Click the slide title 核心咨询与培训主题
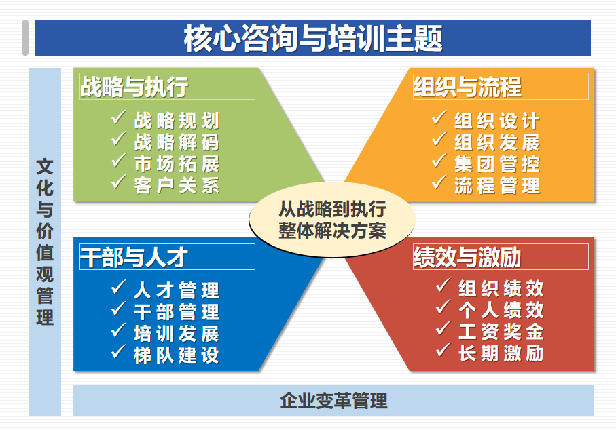point(313,38)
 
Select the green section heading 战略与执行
point(134,86)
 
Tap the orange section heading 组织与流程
point(467,86)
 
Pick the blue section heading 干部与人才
point(134,257)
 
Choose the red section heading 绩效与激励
point(467,257)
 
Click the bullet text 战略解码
point(177,142)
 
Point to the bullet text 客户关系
point(177,185)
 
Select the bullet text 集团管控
point(497,163)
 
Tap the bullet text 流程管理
point(497,185)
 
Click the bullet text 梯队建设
point(177,355)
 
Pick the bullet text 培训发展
point(177,334)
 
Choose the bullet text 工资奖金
point(501,332)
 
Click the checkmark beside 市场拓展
point(119,160)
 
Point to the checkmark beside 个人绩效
point(443,307)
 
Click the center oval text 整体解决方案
point(332,231)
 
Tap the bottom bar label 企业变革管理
point(333,401)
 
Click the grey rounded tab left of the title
point(26,38)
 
